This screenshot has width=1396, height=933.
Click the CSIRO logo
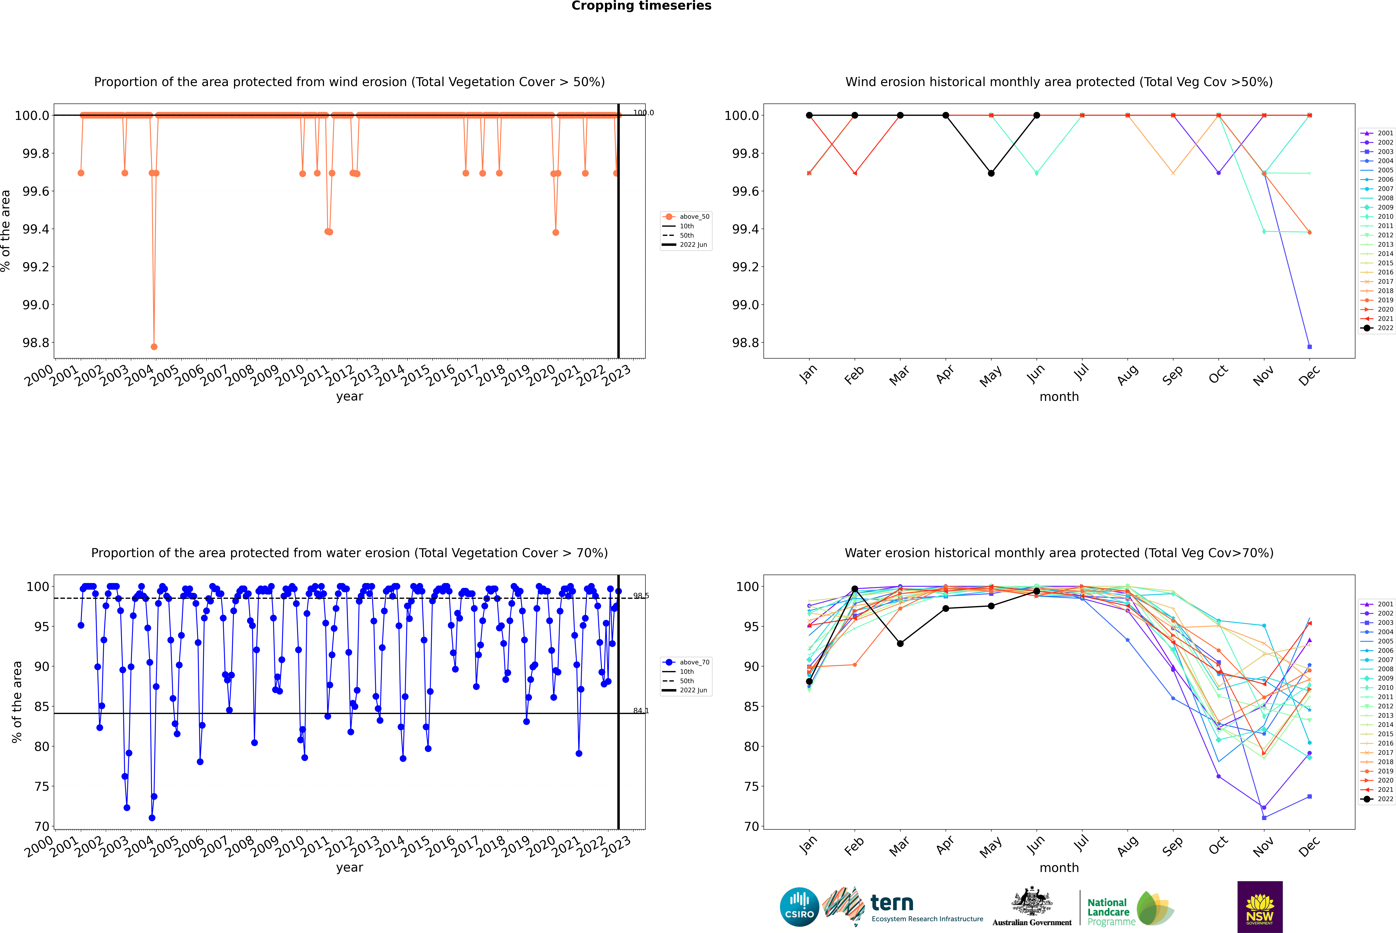[x=799, y=907]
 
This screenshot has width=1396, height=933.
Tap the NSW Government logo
[x=1260, y=907]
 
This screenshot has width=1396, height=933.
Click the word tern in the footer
[x=891, y=903]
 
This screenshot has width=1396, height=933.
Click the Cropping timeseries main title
[x=641, y=6]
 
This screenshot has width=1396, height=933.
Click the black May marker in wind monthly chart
[x=991, y=173]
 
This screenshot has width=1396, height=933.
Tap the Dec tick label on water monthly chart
[x=1309, y=846]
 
